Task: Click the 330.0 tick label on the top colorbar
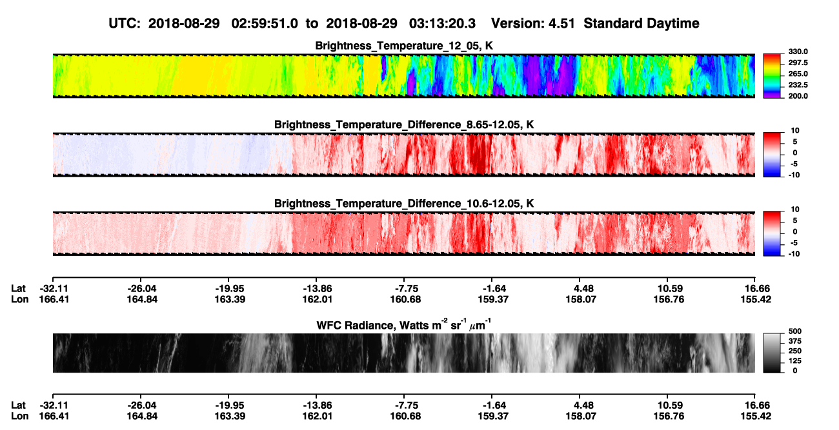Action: [x=798, y=52]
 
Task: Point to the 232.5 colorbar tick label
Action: [x=798, y=85]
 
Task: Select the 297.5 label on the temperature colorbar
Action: [x=798, y=63]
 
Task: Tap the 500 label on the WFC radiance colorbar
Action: [x=795, y=331]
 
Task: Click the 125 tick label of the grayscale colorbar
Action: [x=795, y=361]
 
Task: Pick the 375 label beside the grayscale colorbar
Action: [x=795, y=341]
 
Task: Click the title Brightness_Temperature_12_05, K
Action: [x=404, y=46]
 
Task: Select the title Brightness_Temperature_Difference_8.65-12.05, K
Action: [x=404, y=124]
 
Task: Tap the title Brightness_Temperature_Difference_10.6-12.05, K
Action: [x=404, y=204]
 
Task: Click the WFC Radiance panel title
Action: [x=404, y=324]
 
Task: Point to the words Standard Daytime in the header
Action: [x=642, y=23]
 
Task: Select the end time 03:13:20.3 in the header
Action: [x=442, y=23]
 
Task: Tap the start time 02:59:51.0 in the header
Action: [x=265, y=23]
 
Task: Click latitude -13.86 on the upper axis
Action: [x=316, y=289]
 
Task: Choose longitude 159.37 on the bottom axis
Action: [x=493, y=416]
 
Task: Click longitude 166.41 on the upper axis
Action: [x=54, y=299]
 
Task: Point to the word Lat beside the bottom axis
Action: [x=18, y=406]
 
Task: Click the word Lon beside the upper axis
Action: [x=20, y=299]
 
